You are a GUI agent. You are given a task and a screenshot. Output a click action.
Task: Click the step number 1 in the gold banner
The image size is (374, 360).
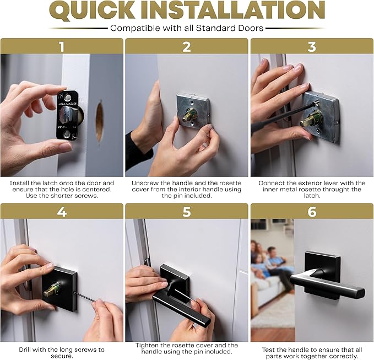click(62, 46)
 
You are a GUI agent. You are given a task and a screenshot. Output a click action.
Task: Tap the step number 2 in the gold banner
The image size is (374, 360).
click(187, 46)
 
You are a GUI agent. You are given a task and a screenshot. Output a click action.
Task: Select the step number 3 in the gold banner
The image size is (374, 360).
click(312, 46)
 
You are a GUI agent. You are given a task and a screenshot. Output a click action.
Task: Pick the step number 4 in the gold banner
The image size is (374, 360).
click(62, 211)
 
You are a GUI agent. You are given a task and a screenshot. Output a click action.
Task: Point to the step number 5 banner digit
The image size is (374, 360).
click(187, 211)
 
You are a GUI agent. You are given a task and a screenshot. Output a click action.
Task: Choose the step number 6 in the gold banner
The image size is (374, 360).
click(312, 211)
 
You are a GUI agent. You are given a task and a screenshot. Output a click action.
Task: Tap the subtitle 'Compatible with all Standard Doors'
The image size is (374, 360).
click(187, 28)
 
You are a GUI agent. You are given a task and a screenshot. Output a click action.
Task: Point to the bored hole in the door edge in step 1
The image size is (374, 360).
click(99, 121)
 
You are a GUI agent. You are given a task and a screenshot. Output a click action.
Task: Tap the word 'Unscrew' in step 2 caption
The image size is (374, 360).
click(146, 182)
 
